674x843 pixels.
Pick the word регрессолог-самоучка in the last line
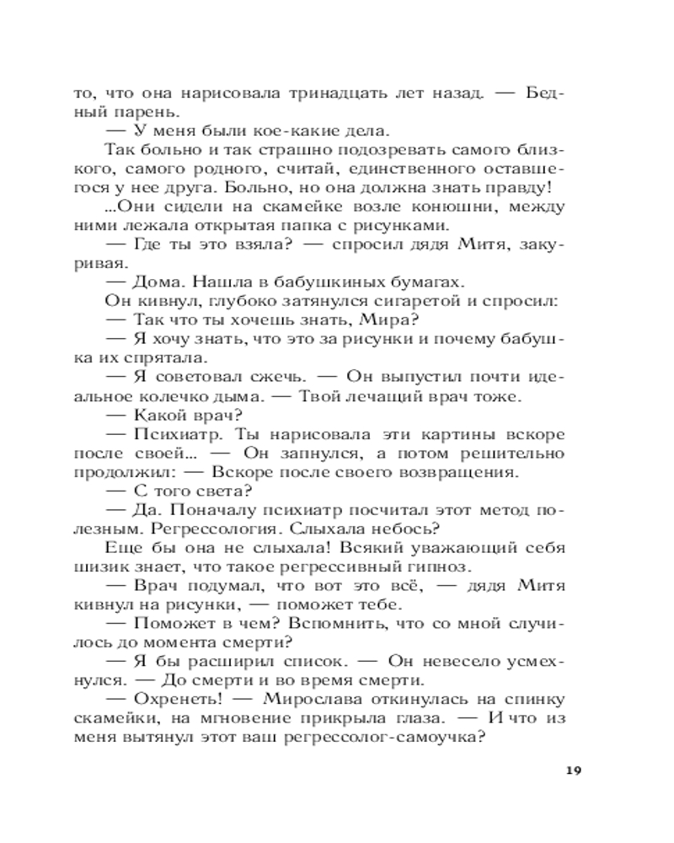(381, 743)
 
